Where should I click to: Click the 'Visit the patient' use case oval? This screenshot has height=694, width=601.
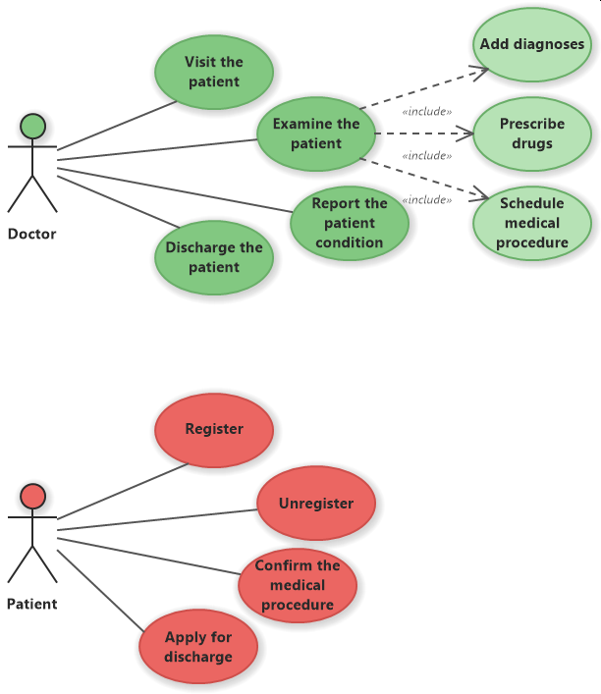[x=213, y=71]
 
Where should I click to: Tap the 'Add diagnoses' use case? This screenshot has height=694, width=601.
[x=531, y=44]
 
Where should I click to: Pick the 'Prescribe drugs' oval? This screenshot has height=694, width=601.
[x=531, y=133]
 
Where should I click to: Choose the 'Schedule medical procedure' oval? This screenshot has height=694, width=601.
[x=531, y=223]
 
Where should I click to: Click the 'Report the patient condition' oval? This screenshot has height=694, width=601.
[x=350, y=223]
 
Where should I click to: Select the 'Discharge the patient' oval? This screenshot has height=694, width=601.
[x=213, y=257]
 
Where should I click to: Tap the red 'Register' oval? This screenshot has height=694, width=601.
[x=213, y=429]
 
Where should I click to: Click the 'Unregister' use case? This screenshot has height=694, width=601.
[x=315, y=504]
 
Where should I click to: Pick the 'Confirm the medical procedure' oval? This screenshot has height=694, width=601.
[x=297, y=585]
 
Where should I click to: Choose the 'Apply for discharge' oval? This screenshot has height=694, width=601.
[x=198, y=647]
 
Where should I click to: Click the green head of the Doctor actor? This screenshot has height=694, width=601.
[x=32, y=126]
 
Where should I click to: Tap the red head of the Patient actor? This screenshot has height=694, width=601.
[x=32, y=496]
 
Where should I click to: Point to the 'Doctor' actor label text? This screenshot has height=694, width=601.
[x=32, y=235]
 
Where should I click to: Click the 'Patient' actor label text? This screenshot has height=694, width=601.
[x=32, y=605]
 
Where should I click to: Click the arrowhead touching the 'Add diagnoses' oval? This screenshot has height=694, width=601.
[x=482, y=70]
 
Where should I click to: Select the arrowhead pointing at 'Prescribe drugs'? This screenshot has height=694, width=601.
[x=467, y=133]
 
